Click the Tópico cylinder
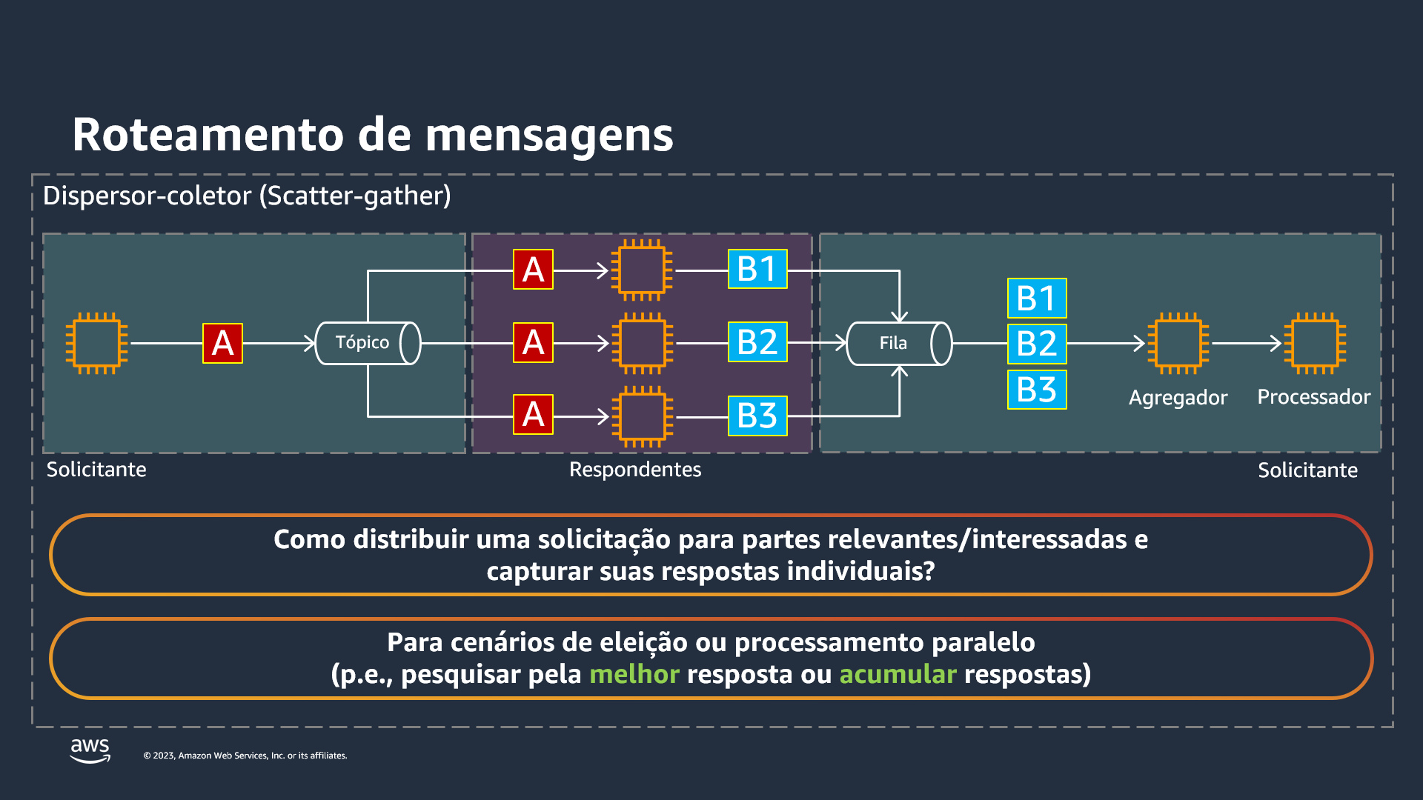(x=367, y=343)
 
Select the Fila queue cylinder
(x=898, y=344)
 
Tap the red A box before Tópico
(x=222, y=343)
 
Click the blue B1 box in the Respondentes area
(x=757, y=269)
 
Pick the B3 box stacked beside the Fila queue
(x=1036, y=390)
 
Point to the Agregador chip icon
(x=1178, y=343)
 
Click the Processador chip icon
(x=1314, y=343)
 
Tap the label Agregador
(x=1178, y=398)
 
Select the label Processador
(x=1313, y=397)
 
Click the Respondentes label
(x=634, y=470)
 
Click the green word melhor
(x=634, y=675)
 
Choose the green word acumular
(x=898, y=675)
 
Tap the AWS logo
(x=90, y=750)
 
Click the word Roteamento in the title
(x=208, y=135)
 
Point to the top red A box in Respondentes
(x=533, y=269)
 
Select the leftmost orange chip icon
(x=96, y=343)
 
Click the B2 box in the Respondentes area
(x=757, y=342)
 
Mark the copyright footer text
(x=245, y=756)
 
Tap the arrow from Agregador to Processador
(x=1246, y=343)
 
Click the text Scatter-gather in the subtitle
(x=355, y=196)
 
